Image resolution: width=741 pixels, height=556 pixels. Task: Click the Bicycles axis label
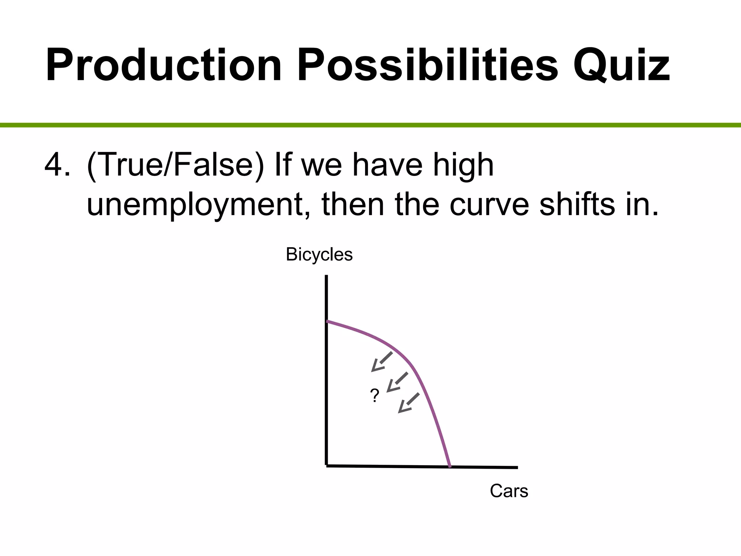[x=319, y=254]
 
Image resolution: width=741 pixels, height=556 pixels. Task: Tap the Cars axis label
[x=509, y=491]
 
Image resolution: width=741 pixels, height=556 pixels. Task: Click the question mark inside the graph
[x=375, y=396]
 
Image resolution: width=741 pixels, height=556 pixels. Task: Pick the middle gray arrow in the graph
[x=397, y=382]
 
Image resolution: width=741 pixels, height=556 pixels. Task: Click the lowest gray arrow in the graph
[x=408, y=403]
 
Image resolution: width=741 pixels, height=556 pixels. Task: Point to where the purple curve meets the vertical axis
[x=327, y=321]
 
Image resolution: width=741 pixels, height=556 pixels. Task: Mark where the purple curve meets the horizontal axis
[x=450, y=467]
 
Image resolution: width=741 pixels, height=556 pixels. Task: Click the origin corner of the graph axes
[x=327, y=466]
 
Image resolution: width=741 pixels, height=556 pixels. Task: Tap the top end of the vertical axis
[x=326, y=277]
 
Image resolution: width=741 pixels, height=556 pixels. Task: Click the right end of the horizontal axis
[x=517, y=467]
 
